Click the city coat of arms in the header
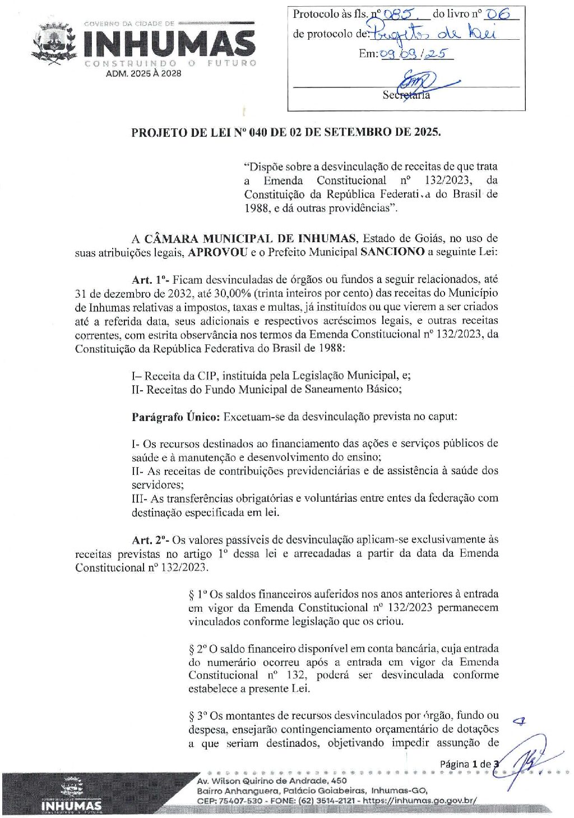(x=55, y=44)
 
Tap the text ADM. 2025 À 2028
(x=143, y=73)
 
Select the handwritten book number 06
(x=497, y=15)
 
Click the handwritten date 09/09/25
(x=408, y=54)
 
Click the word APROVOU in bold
(x=217, y=252)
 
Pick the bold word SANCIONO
(x=392, y=252)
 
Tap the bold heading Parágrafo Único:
(x=176, y=417)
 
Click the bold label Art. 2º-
(x=150, y=540)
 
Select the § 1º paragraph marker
(x=198, y=594)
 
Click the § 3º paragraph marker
(x=198, y=716)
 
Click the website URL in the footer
(x=420, y=801)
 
